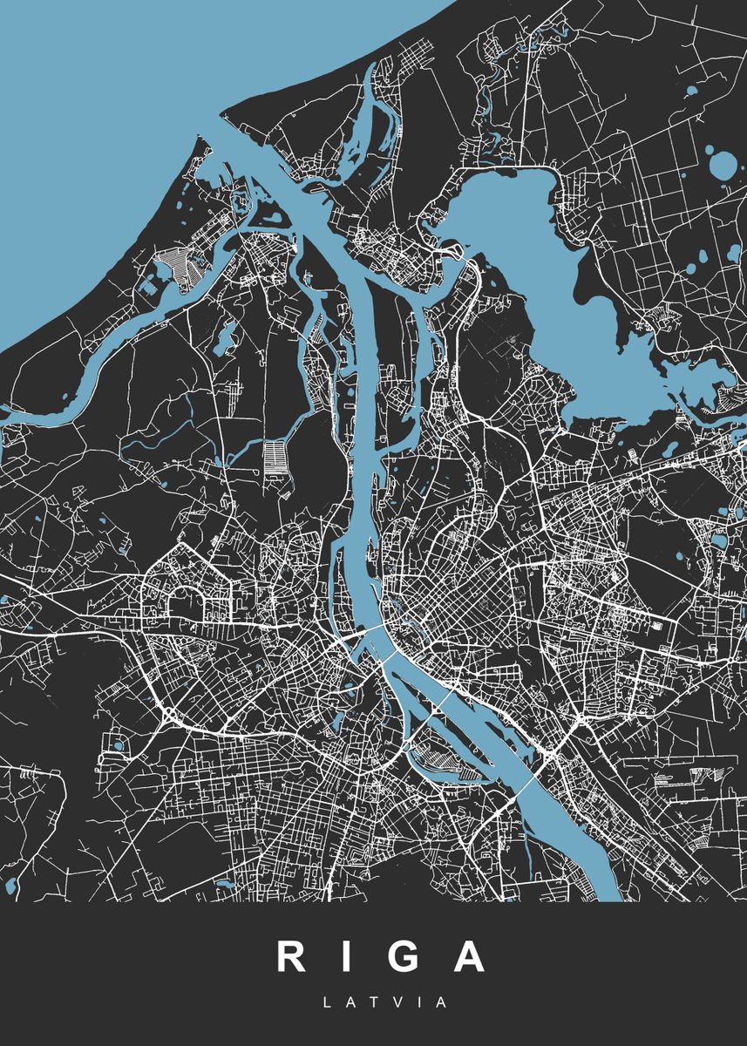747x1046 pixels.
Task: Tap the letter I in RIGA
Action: tap(341, 956)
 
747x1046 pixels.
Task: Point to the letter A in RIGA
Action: tap(468, 956)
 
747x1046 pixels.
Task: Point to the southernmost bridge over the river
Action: tap(528, 783)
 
